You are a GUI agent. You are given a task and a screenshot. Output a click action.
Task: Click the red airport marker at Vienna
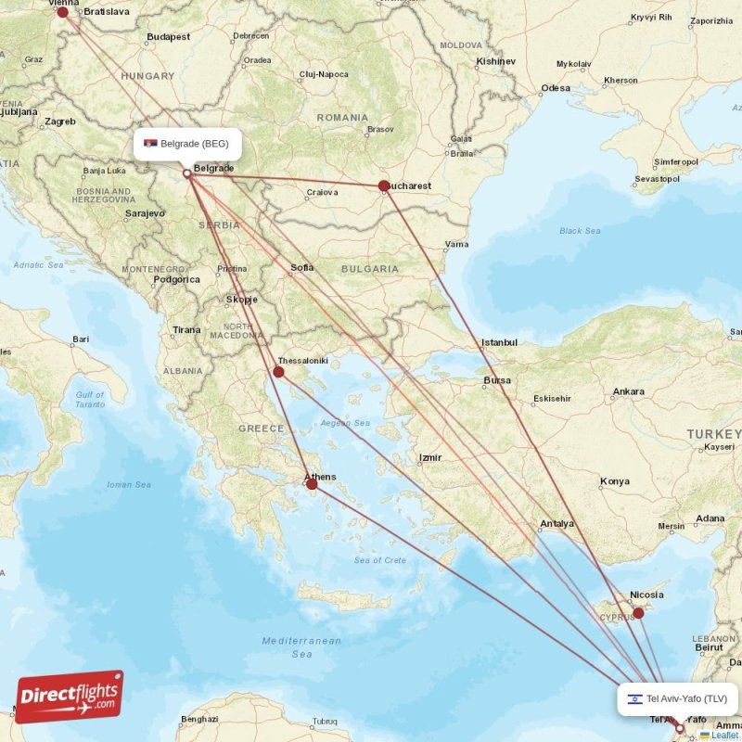63,12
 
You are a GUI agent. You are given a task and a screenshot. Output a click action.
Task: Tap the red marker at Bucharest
384,185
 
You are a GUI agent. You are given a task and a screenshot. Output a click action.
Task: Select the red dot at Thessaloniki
278,372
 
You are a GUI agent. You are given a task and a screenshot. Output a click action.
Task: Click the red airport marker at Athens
312,484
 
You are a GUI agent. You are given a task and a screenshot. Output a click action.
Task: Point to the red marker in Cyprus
638,613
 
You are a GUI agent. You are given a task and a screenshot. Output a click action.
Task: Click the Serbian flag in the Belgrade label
150,144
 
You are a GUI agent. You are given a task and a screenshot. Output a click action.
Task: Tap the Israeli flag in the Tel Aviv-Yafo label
634,699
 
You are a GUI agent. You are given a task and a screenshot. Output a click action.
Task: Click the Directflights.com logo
70,697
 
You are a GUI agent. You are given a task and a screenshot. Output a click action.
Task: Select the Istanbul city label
499,342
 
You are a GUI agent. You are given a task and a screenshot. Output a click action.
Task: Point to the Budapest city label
168,37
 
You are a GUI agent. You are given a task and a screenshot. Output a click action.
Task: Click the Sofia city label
302,268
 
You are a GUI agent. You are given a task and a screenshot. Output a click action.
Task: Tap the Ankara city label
628,391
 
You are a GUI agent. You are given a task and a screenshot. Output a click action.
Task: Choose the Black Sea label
580,231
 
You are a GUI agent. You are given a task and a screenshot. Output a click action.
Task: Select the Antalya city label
557,523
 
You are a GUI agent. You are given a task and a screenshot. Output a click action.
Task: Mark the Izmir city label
430,457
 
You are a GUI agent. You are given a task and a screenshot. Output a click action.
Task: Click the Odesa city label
556,88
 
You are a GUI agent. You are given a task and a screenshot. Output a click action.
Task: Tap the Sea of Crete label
379,560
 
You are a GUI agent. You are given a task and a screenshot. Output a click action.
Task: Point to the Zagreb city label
59,122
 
